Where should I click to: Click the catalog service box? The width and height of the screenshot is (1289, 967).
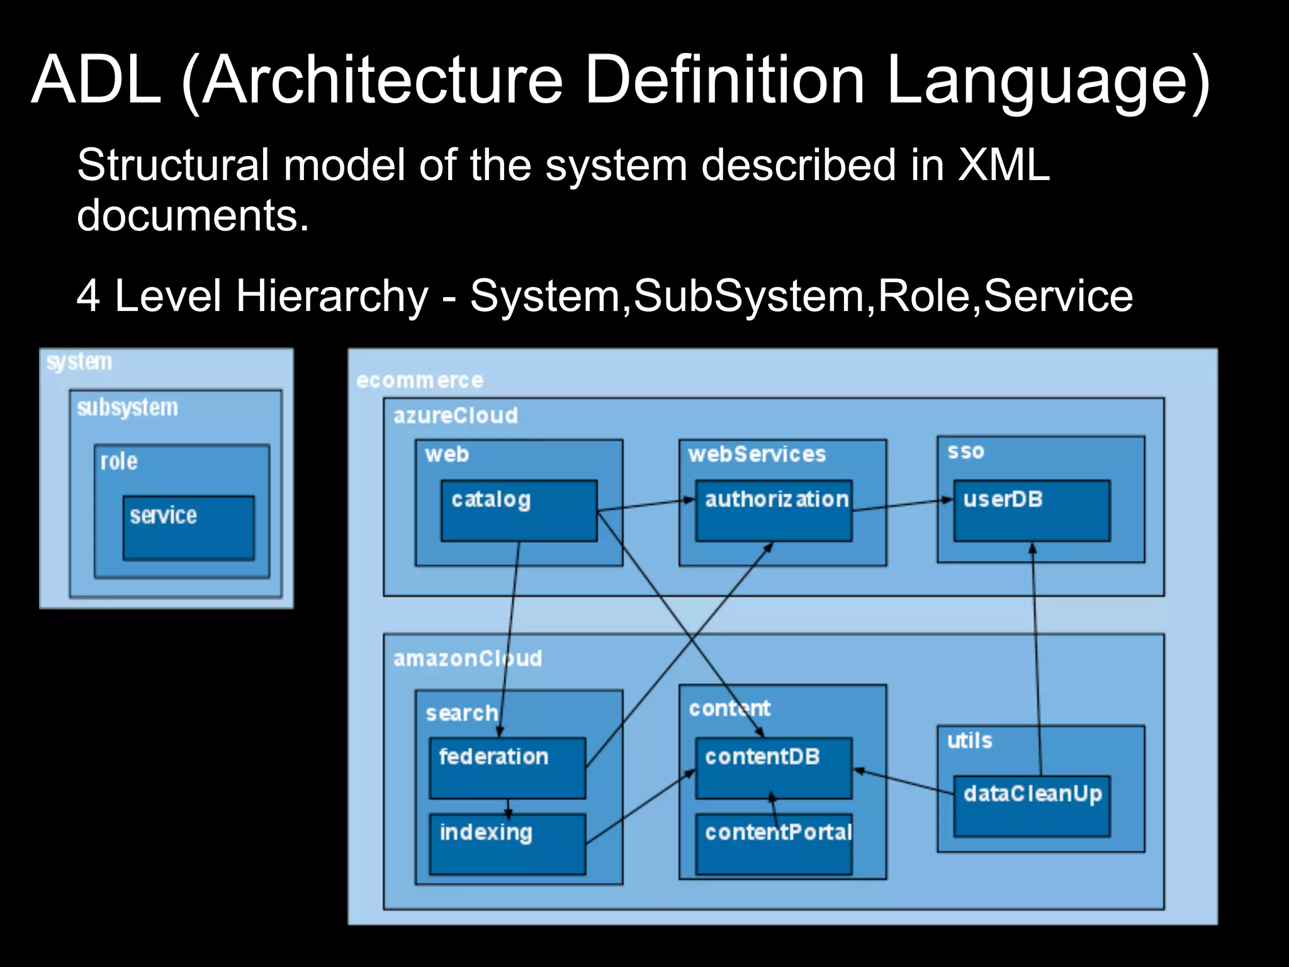click(519, 511)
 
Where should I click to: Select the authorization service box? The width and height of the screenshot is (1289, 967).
click(774, 511)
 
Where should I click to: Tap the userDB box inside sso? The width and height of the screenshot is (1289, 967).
click(1032, 511)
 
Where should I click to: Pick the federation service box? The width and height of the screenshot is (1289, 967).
click(507, 768)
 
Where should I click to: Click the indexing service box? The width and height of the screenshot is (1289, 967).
click(507, 844)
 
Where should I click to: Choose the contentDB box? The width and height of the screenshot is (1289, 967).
click(774, 768)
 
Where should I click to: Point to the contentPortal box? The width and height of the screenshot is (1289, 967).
click(774, 844)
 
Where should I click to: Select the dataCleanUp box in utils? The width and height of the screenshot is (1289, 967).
click(1032, 806)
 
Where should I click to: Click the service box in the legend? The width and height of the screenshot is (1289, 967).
click(189, 528)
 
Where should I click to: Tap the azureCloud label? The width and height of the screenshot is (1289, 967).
click(456, 416)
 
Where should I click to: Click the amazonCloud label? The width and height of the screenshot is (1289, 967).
click(467, 659)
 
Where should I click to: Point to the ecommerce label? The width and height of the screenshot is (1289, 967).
click(420, 380)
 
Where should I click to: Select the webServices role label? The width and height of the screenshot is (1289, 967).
click(757, 454)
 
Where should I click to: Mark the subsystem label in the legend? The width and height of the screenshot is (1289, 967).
click(127, 408)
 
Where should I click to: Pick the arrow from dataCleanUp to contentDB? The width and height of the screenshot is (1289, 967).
click(903, 781)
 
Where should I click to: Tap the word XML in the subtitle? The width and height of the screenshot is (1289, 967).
click(1003, 165)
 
